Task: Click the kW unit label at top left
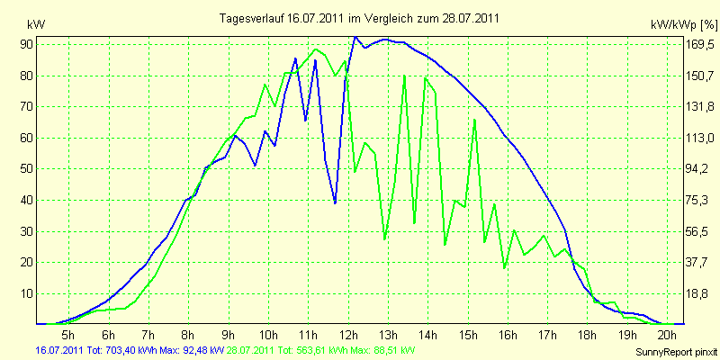pyautogui.click(x=36, y=24)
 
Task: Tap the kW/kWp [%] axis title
pyautogui.click(x=684, y=24)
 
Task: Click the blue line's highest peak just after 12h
pyautogui.click(x=355, y=37)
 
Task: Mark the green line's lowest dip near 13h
pyautogui.click(x=385, y=239)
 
